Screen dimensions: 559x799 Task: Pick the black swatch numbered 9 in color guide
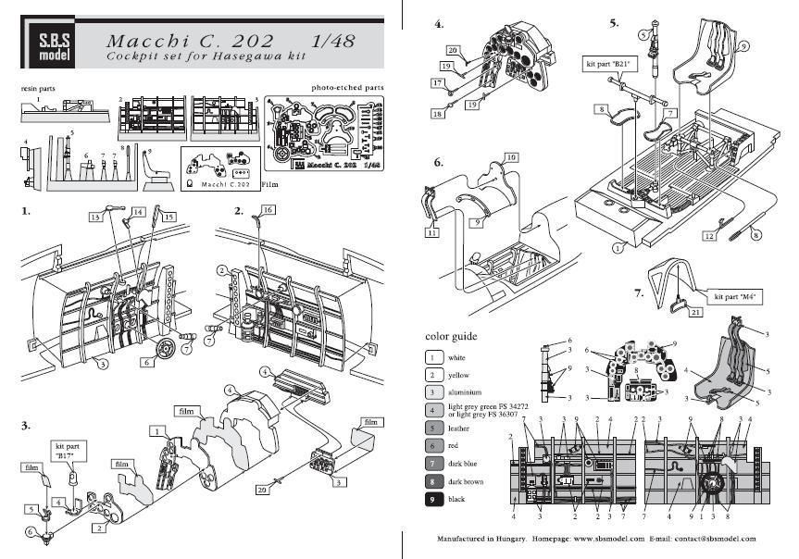point(432,499)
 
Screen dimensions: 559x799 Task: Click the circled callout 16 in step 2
point(268,211)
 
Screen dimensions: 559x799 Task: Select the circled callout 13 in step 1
point(94,217)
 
